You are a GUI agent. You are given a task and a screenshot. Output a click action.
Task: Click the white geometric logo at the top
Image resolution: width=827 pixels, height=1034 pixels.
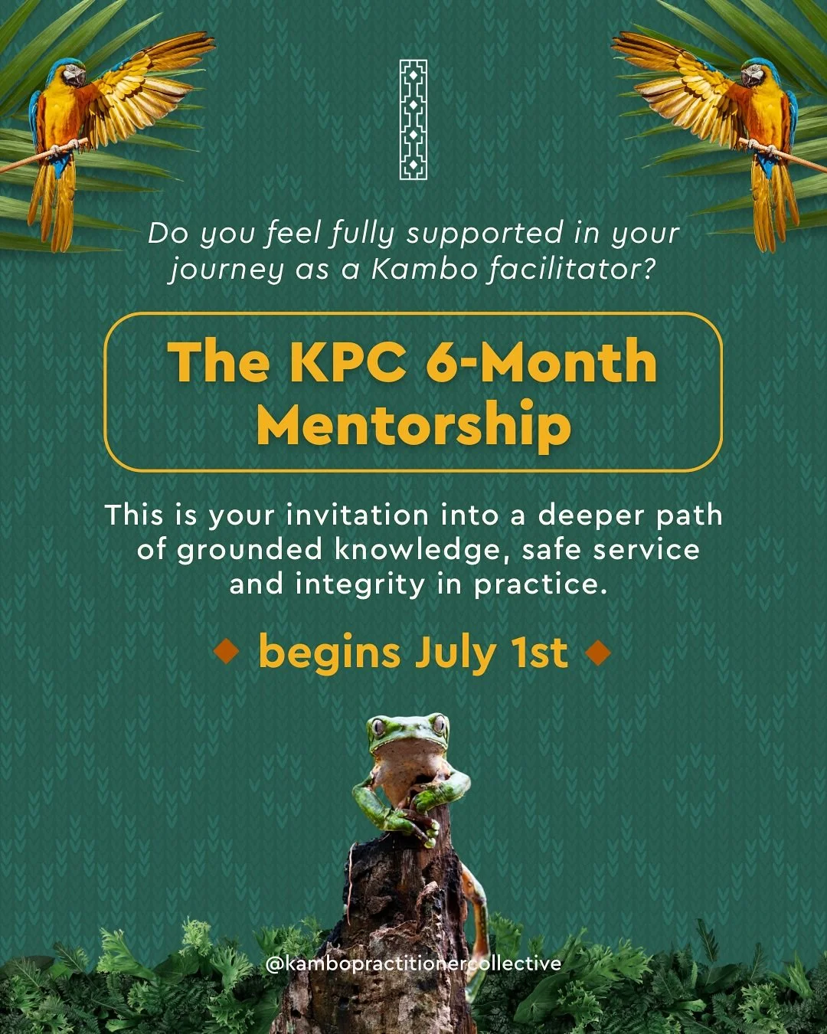[x=413, y=120]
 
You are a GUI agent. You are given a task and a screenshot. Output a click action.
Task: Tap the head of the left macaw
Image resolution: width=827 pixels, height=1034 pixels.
[x=70, y=74]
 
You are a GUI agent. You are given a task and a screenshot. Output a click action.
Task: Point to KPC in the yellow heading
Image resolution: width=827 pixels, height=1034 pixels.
[x=348, y=362]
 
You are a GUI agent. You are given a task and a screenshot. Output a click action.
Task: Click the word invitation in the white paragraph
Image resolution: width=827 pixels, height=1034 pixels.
[x=357, y=515]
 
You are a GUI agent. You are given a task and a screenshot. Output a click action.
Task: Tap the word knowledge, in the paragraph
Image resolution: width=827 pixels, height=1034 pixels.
[x=410, y=550]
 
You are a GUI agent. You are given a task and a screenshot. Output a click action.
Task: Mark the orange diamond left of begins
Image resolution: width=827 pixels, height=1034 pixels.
[x=227, y=653]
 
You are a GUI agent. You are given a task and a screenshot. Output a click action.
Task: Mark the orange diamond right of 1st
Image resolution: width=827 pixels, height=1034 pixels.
[x=598, y=653]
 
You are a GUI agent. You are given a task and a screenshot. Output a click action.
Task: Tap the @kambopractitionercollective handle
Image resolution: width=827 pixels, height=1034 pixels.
[x=413, y=964]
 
